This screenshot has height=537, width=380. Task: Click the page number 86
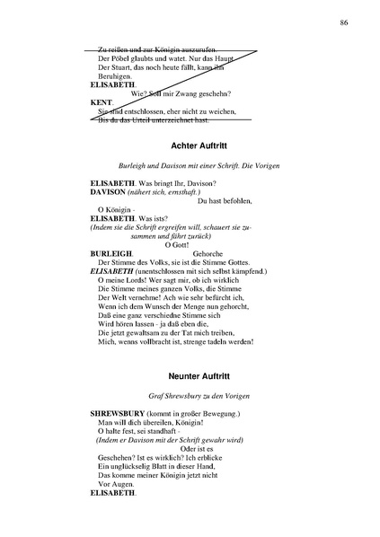[x=346, y=22]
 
